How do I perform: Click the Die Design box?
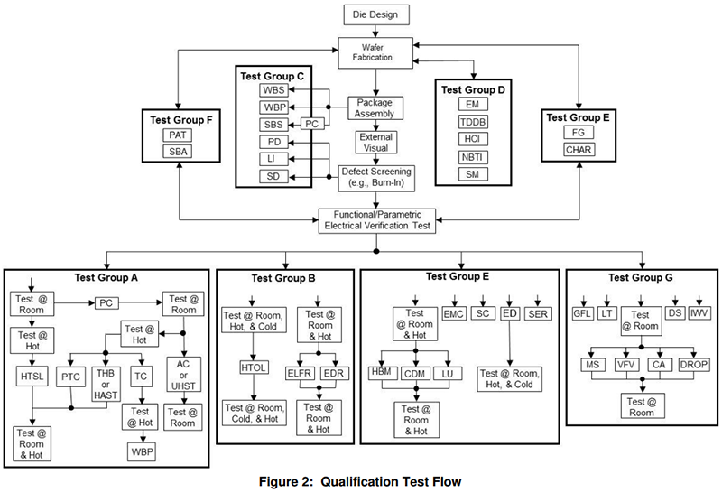[x=376, y=14]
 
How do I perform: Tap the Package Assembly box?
[x=375, y=107]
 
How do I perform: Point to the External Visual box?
[x=375, y=142]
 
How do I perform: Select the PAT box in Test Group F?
[x=178, y=135]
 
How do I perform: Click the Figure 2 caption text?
[x=361, y=480]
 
